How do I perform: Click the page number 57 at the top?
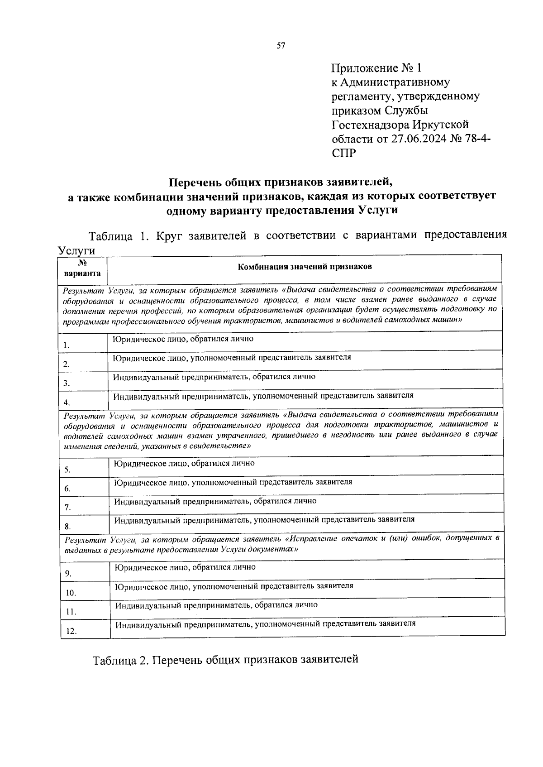point(281,46)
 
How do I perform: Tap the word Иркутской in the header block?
point(441,125)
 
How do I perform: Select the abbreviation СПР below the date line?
point(344,153)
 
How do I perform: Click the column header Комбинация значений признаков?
point(305,267)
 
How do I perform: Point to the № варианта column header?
point(82,268)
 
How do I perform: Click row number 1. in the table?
point(67,345)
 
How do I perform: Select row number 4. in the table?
point(67,403)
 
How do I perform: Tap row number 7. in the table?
point(67,508)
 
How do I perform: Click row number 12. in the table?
point(71,631)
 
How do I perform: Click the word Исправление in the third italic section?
point(313,539)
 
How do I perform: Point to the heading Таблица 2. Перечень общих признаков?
point(225,659)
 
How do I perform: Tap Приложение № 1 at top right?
point(376,68)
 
